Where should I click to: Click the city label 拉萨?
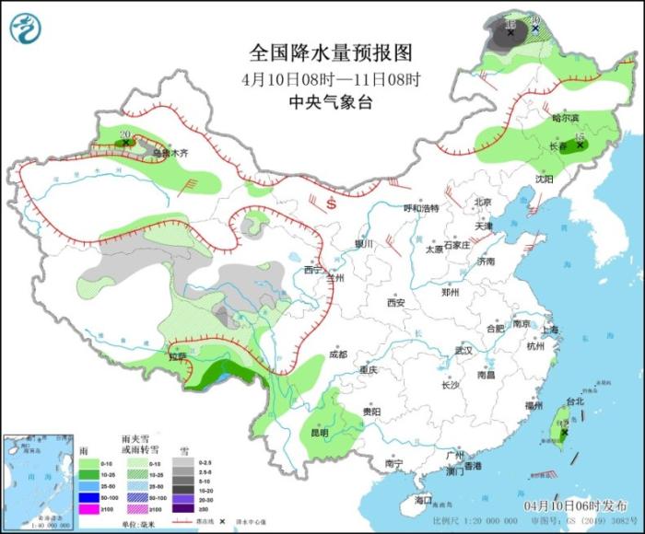[x=178, y=356]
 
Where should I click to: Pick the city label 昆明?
[x=319, y=432]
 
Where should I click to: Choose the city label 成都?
[x=337, y=354]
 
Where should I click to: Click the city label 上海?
[x=551, y=330]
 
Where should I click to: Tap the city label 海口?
[x=423, y=499]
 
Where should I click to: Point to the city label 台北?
[x=574, y=402]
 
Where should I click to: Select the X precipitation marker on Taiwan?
[x=564, y=432]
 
